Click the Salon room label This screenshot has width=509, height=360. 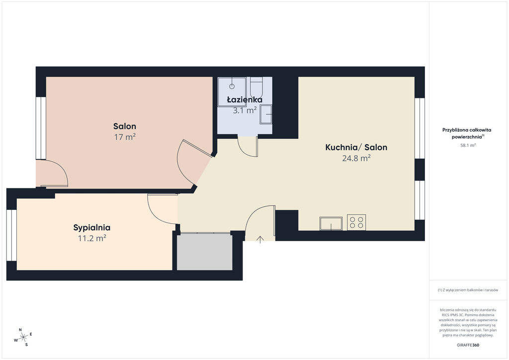tap(125, 126)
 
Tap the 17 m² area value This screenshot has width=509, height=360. tap(125, 137)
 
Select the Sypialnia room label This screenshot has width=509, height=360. tap(92, 228)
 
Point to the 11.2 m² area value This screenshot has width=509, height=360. tap(92, 238)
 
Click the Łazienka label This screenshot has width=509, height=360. tap(245, 99)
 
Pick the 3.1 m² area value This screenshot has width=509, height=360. tap(245, 110)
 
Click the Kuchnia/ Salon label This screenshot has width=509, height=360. tap(356, 147)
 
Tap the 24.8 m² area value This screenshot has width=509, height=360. tap(356, 158)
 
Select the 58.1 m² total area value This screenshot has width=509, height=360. tap(468, 145)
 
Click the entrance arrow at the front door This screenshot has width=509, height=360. tap(260, 239)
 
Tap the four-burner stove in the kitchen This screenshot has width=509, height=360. tap(356, 222)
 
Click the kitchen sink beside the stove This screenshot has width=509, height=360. tap(331, 224)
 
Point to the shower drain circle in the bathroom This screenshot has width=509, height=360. tap(232, 87)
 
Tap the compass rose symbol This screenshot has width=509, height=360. tap(23, 338)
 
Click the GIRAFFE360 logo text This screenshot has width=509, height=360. tap(468, 345)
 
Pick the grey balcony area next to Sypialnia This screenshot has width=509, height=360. tap(204, 252)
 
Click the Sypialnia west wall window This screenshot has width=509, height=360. tap(12, 235)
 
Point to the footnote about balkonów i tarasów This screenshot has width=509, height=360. tap(468, 290)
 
